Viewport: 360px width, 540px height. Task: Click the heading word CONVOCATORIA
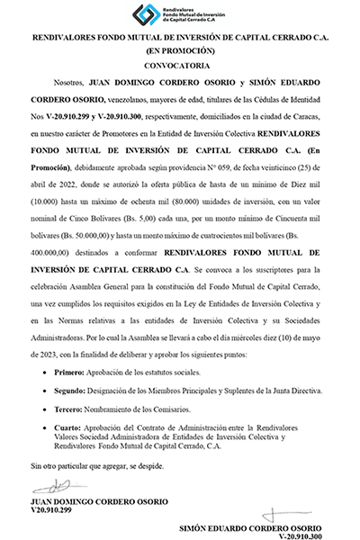[181, 66]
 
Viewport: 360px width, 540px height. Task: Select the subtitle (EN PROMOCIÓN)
[181, 51]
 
